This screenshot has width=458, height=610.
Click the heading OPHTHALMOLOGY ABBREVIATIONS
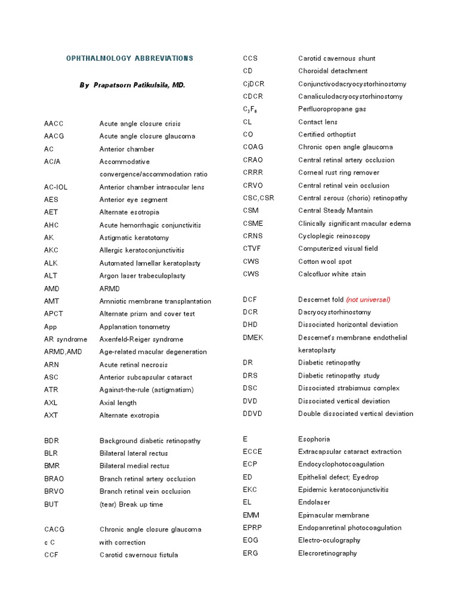129,58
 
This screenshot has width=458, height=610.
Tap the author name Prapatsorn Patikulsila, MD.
132,85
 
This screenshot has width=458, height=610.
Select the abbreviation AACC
54,123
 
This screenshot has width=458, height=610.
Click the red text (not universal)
368,300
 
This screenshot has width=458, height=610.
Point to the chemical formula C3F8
250,110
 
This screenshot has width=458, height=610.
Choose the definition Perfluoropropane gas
332,109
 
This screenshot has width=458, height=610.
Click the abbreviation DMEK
253,338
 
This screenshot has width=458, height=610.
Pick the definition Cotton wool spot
325,262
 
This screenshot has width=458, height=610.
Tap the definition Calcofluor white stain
332,274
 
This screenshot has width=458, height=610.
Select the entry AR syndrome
66,340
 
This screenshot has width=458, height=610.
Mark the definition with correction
122,543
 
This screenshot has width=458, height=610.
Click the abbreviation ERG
250,553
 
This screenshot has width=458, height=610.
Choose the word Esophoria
314,439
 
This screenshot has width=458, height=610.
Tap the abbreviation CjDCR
253,84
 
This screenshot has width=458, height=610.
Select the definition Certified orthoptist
327,135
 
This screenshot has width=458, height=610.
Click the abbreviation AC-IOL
56,187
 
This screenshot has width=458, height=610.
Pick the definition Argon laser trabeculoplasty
143,276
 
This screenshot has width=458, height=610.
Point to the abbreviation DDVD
253,413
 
